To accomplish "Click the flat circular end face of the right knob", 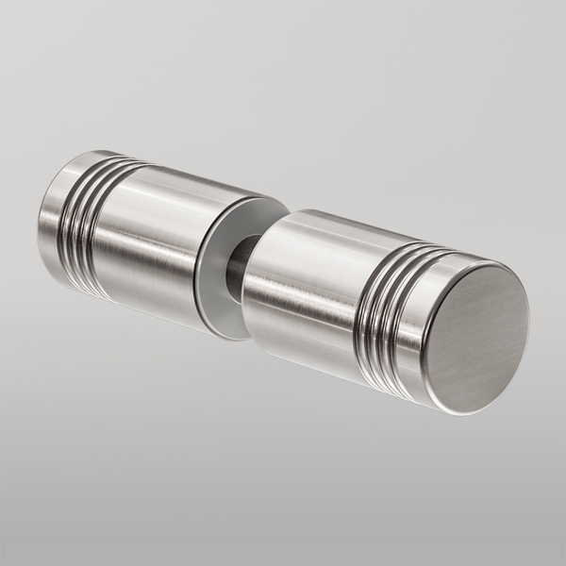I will (x=476, y=335).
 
